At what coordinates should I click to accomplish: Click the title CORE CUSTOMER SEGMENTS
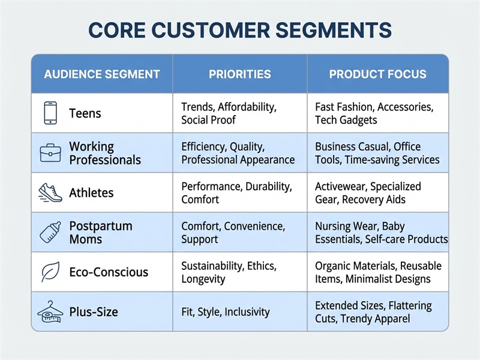[240, 30]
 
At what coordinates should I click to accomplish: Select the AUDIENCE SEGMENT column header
[102, 74]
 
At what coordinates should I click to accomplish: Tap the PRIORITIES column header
[239, 74]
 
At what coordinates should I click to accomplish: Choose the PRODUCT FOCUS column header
[377, 74]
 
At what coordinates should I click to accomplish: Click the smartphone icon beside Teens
[50, 113]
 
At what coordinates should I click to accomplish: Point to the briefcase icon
[50, 153]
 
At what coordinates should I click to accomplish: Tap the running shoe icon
[50, 192]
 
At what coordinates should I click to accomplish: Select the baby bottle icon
[50, 232]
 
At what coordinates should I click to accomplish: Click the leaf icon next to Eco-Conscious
[50, 272]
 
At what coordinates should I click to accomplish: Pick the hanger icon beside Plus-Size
[50, 311]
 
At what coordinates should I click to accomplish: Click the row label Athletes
[91, 193]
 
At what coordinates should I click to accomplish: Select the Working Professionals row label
[104, 153]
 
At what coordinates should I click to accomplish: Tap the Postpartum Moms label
[100, 232]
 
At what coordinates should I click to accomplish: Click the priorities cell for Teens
[229, 113]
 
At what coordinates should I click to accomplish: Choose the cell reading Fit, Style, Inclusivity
[226, 312]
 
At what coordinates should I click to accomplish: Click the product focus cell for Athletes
[368, 193]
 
